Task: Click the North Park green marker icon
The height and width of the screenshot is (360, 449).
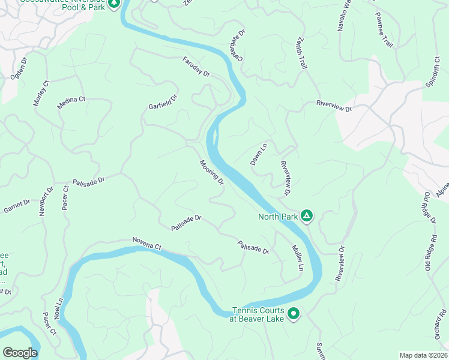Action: [x=307, y=216]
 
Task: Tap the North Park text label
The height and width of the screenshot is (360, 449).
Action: [x=278, y=217]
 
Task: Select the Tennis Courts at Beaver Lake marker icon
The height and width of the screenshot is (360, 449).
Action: [x=294, y=313]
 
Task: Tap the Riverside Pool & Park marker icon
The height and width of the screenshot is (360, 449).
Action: [x=114, y=4]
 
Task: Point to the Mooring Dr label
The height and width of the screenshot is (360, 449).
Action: [x=212, y=172]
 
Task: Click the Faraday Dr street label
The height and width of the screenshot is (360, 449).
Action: [x=196, y=66]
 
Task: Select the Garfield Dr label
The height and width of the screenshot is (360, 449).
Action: [x=163, y=102]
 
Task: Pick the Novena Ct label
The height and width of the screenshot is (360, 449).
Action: [x=147, y=244]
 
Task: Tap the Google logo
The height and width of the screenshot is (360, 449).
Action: [x=20, y=353]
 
